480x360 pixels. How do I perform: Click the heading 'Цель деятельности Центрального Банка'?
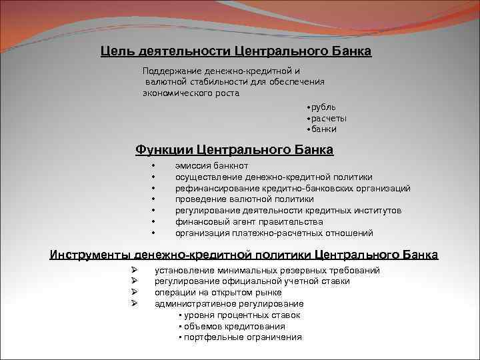pos(236,51)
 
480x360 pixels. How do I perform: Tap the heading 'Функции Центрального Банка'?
pos(234,149)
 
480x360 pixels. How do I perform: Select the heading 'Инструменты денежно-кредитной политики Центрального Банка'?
pos(244,255)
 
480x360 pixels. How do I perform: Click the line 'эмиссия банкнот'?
pos(213,165)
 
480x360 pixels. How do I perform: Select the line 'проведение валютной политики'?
pos(244,199)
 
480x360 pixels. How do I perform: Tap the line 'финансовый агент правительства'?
pos(249,221)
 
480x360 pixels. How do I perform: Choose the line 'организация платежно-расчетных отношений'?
pos(274,233)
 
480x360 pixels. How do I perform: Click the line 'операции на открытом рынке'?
pos(218,293)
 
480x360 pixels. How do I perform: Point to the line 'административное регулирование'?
pos(229,304)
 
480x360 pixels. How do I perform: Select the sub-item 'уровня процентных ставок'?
pos(242,315)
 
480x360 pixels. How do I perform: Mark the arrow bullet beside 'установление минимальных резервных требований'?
pos(134,270)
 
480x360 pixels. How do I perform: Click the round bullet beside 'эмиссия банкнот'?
pos(153,165)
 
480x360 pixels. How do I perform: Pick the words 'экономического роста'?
pos(191,93)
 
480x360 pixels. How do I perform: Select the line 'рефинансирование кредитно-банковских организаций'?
pos(293,188)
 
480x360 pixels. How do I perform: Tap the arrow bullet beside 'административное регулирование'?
pos(134,304)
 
